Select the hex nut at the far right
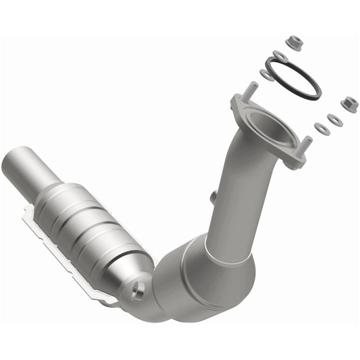pos(349,104)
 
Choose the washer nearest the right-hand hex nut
pos(334,120)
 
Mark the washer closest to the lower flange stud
pos(322,129)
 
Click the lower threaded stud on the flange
pos(304,145)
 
